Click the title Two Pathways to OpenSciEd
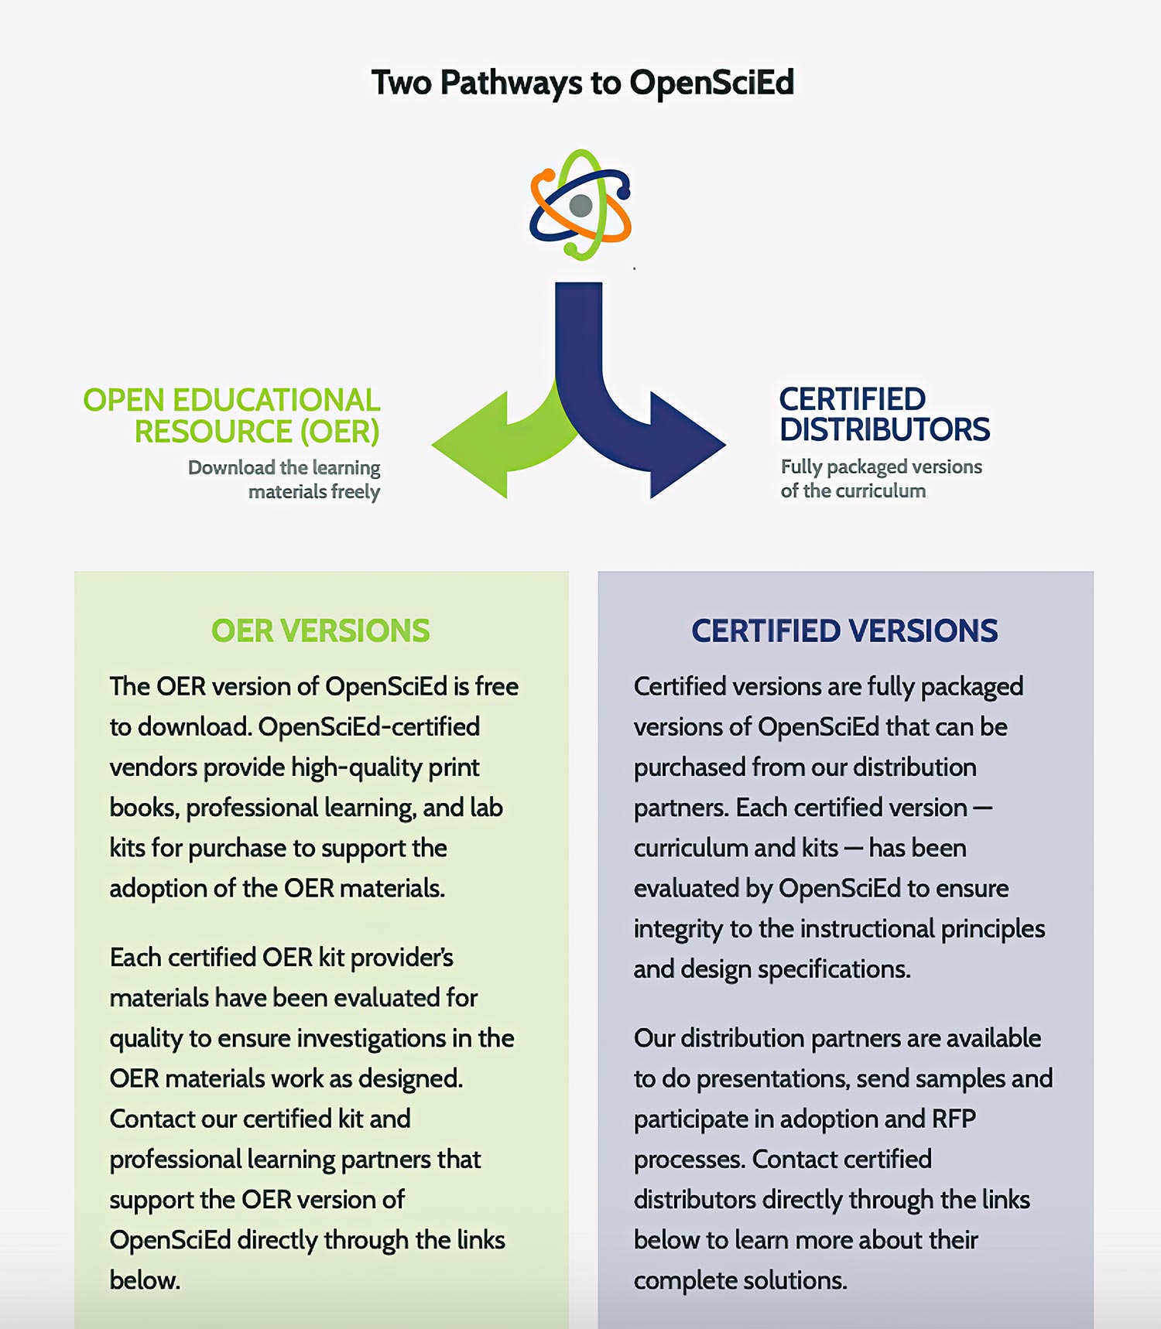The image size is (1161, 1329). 582,83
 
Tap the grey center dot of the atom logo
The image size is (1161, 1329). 580,206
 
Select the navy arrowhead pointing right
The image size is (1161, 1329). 685,446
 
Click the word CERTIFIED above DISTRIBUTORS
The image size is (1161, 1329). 851,400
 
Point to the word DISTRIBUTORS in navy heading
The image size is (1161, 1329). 884,430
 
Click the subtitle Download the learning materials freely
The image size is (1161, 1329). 294,480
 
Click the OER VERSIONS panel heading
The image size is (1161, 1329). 320,631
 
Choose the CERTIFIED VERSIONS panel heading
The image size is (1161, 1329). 844,631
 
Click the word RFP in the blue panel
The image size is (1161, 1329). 954,1119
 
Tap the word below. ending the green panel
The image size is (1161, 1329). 145,1281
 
